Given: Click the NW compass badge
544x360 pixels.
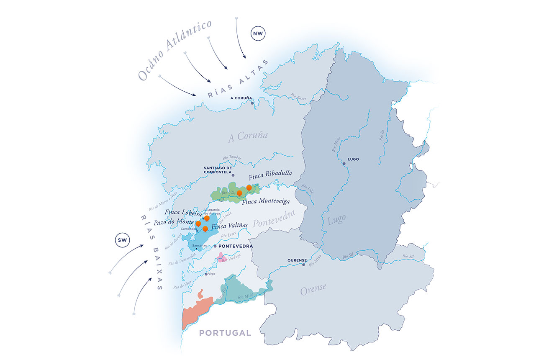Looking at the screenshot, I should [x=259, y=34].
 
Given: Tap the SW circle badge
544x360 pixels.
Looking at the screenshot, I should [x=123, y=240].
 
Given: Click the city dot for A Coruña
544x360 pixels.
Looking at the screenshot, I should [x=252, y=103].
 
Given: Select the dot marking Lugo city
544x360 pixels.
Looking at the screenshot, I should [x=344, y=164].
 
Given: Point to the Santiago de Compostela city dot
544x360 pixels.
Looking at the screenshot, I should [x=233, y=175].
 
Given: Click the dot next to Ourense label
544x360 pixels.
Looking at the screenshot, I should [x=304, y=265].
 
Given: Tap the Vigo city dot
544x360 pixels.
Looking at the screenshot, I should [x=206, y=274].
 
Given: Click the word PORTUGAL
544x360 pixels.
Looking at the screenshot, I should [x=225, y=333].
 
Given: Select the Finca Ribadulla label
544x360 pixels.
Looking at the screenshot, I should [x=270, y=174].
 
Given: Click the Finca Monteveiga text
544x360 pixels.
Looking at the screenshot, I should [x=266, y=202].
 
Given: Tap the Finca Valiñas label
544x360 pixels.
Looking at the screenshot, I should [x=230, y=226].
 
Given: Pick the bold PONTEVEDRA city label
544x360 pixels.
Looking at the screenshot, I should [x=236, y=246].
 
